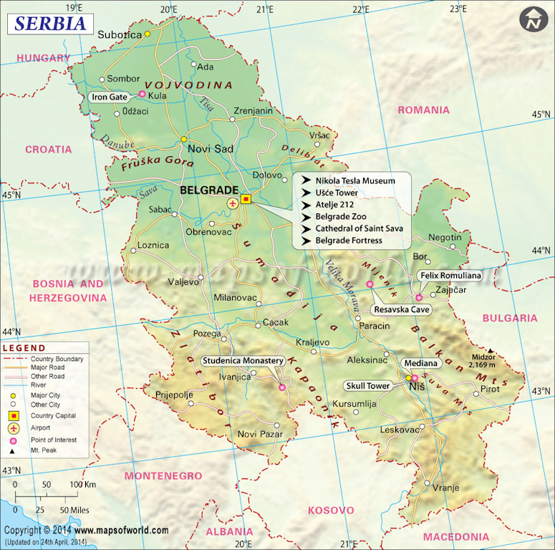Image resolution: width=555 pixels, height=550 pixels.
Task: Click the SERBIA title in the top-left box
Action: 50,23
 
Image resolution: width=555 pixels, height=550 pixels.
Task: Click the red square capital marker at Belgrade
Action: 246,200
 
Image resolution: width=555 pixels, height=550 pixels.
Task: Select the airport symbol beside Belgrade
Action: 233,203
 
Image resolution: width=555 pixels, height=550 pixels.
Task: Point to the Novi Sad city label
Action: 210,149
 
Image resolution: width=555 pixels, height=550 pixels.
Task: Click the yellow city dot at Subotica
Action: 148,34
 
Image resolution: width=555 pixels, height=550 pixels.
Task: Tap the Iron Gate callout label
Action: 109,97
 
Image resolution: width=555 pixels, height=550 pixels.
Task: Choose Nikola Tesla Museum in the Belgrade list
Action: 355,181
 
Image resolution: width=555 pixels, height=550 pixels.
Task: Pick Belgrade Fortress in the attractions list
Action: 349,241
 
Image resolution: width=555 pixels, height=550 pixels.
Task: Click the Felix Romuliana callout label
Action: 450,275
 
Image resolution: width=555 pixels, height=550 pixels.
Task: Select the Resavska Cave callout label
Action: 401,309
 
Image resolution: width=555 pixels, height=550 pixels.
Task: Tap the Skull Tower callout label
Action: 369,386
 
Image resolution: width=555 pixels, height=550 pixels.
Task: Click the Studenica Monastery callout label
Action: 243,361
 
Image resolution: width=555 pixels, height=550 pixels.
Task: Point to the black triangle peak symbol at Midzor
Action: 491,351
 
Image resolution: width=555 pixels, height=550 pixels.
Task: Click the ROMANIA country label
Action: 424,110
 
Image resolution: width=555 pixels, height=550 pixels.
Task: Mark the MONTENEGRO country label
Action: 163,476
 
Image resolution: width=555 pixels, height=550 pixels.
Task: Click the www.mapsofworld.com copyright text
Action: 122,531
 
